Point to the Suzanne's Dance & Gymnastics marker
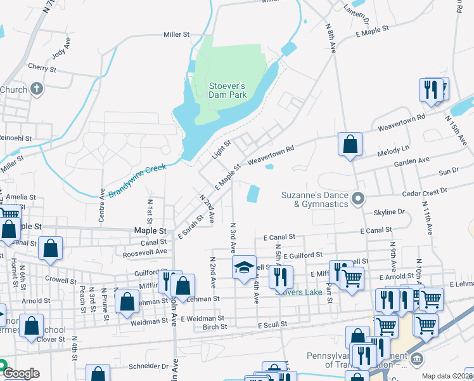(x=358, y=199)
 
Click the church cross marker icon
(x=37, y=88)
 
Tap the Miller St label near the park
(x=177, y=34)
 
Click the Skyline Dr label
(x=389, y=211)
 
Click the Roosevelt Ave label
(x=145, y=251)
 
